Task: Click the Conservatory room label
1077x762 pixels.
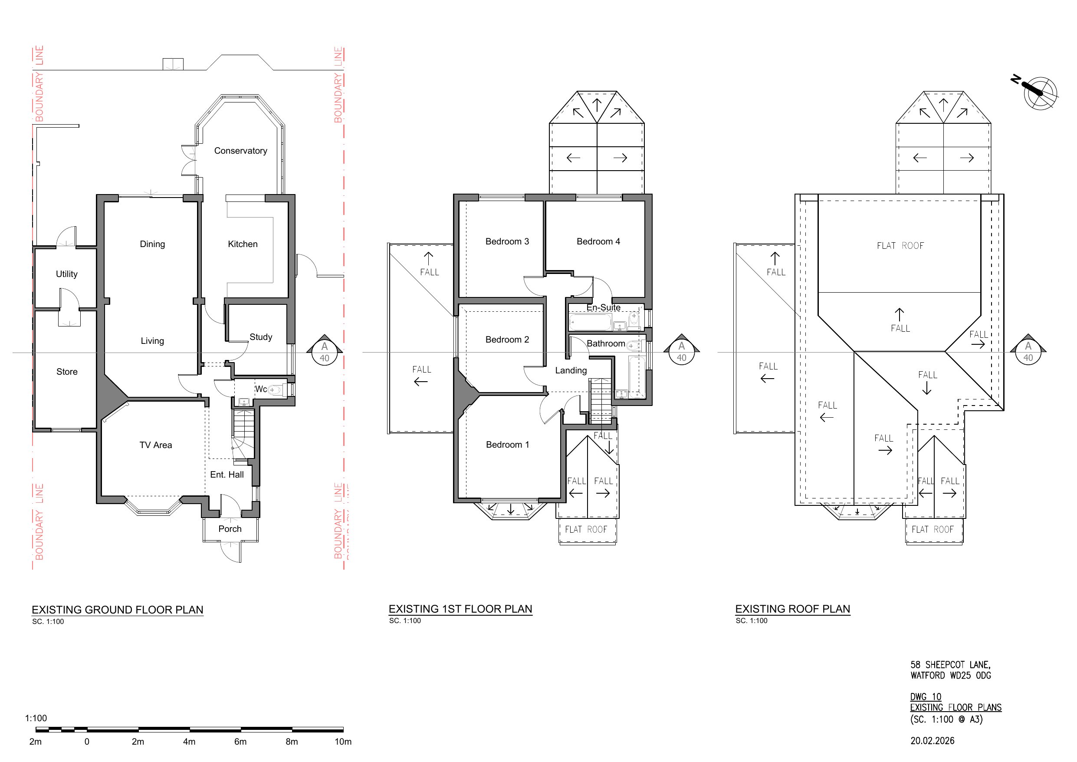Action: pyautogui.click(x=241, y=151)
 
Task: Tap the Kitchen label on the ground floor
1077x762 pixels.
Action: pyautogui.click(x=243, y=244)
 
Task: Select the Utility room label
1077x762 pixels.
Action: pyautogui.click(x=67, y=274)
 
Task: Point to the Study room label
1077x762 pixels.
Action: pyautogui.click(x=261, y=336)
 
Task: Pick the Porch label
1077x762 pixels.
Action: pyautogui.click(x=230, y=529)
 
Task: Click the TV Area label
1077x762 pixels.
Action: pyautogui.click(x=156, y=445)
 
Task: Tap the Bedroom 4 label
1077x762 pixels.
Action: pyautogui.click(x=598, y=241)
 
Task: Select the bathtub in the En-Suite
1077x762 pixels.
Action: pyautogui.click(x=590, y=323)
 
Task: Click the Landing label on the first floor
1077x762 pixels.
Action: pyautogui.click(x=571, y=370)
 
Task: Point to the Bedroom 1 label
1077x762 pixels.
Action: pyautogui.click(x=508, y=445)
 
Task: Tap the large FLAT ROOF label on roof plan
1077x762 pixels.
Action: pyautogui.click(x=900, y=246)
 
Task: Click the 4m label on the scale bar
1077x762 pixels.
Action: pyautogui.click(x=189, y=742)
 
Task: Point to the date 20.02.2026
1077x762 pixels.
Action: pyautogui.click(x=933, y=741)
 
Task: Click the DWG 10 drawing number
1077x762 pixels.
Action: pyautogui.click(x=926, y=697)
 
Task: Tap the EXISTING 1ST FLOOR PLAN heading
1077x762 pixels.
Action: pyautogui.click(x=461, y=609)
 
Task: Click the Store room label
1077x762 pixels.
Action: pyautogui.click(x=67, y=372)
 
